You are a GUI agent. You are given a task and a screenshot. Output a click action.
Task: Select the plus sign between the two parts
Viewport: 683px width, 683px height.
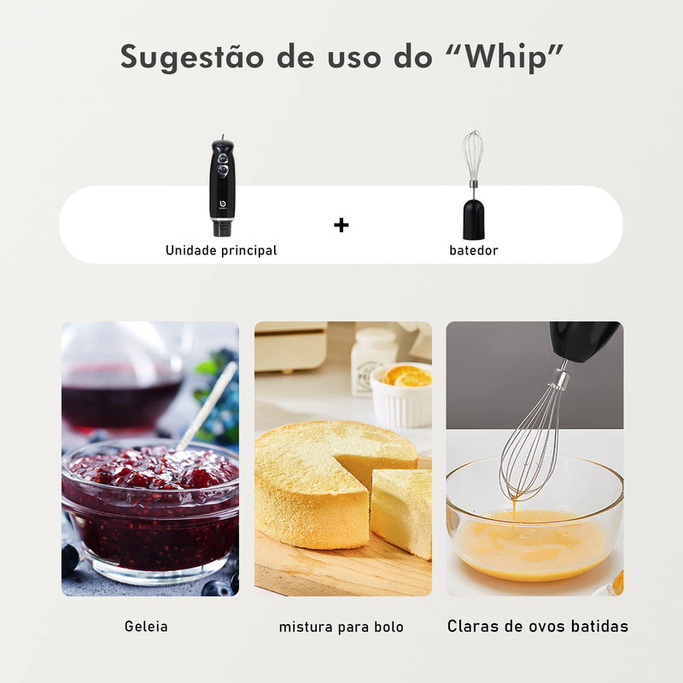pyautogui.click(x=341, y=225)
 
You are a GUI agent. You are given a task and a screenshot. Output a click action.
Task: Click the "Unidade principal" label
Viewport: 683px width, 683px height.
pyautogui.click(x=221, y=250)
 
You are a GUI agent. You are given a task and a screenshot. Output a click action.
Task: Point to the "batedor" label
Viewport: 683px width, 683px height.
pyautogui.click(x=474, y=250)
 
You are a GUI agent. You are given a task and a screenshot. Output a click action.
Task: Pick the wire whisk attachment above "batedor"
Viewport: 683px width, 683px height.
pyautogui.click(x=473, y=158)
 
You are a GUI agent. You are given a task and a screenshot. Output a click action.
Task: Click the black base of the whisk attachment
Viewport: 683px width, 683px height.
pyautogui.click(x=474, y=219)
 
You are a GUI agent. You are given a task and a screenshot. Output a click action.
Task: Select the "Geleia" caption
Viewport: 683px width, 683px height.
pyautogui.click(x=146, y=627)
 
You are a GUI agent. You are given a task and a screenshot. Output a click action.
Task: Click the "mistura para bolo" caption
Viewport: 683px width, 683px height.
pyautogui.click(x=341, y=628)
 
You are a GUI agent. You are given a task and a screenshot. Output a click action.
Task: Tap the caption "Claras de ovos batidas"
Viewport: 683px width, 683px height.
pyautogui.click(x=538, y=626)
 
